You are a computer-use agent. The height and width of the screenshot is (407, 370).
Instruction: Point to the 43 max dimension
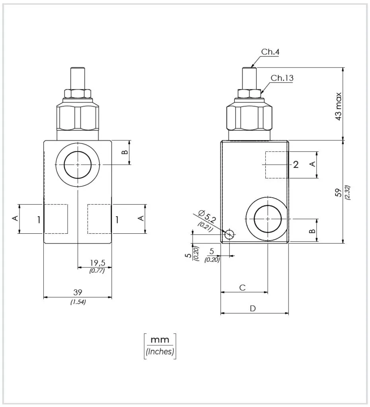(x=338, y=106)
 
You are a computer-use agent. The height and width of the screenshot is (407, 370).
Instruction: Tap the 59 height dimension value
(x=339, y=193)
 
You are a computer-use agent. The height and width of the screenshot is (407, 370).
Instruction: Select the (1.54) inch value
(x=78, y=302)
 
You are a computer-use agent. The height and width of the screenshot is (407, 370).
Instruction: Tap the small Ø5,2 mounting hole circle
(x=229, y=235)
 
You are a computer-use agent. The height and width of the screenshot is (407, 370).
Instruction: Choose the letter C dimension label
(x=242, y=288)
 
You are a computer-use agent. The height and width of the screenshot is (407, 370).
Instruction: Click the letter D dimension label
(x=253, y=308)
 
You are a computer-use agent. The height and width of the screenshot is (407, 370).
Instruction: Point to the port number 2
(x=296, y=165)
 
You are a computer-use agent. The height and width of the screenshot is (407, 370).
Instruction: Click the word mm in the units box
(x=160, y=340)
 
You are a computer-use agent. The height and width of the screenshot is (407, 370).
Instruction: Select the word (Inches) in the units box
(x=160, y=352)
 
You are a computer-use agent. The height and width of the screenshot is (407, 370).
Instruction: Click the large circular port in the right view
(x=268, y=219)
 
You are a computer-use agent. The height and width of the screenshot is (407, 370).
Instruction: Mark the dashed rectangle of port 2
(x=276, y=165)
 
